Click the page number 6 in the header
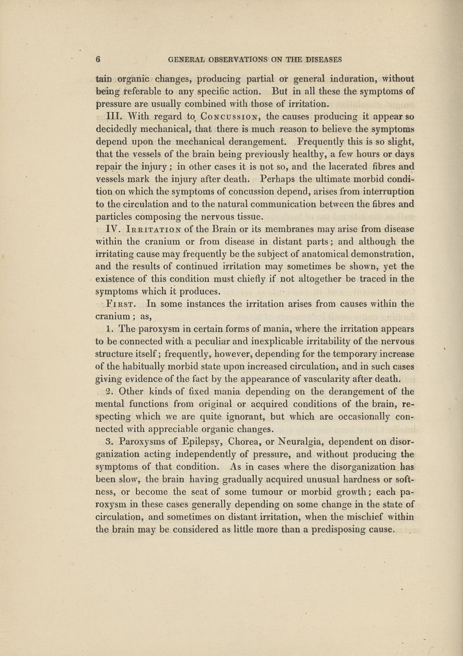click(x=100, y=59)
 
